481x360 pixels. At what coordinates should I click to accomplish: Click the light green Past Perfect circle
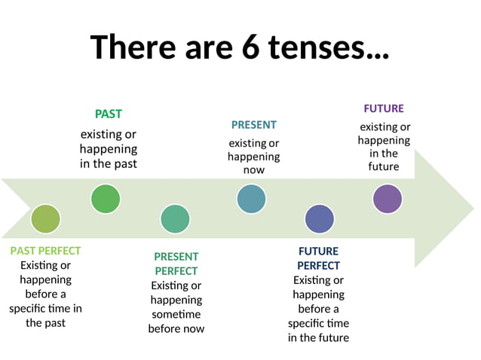pos(45,218)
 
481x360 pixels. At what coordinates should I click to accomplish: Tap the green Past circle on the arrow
pos(105,199)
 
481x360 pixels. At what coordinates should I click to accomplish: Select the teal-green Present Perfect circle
pos(175,218)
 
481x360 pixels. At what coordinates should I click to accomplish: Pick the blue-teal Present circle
pos(251,199)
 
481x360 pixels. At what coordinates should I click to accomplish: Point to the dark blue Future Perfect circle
pos(319,218)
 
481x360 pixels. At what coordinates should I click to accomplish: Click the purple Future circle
pos(388,199)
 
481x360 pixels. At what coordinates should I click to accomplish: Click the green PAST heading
pos(108,114)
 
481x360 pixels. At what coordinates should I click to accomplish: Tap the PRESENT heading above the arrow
pos(253,125)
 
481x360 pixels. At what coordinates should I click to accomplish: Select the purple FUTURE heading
pos(384,108)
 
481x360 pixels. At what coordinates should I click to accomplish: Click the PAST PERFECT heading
pos(45,251)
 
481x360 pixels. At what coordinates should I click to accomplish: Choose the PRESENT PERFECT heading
pos(176,264)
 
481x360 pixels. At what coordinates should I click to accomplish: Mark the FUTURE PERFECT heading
pos(318,258)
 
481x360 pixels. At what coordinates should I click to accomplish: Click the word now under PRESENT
pos(253,170)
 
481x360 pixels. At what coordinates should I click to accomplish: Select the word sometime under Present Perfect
pos(176,314)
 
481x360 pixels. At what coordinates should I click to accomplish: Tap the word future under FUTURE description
pos(384,166)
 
